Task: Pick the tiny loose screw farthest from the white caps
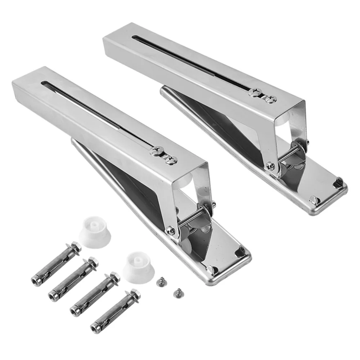point(176,292)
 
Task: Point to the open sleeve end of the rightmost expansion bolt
point(96,328)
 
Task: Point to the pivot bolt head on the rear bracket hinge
point(270,166)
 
